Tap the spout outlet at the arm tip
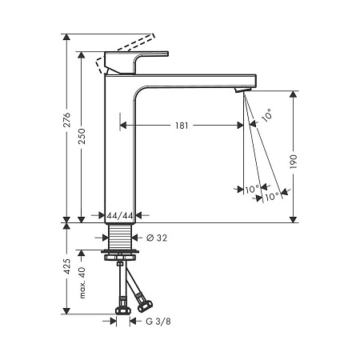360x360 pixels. pyautogui.click(x=241, y=92)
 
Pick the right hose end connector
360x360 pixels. pyautogui.click(x=146, y=303)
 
